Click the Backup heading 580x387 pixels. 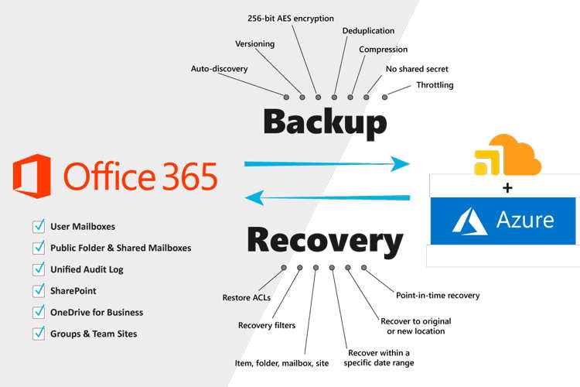point(324,123)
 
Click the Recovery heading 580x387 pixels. point(324,241)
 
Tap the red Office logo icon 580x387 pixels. point(32,174)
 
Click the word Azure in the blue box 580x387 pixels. point(526,220)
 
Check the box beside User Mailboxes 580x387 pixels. point(39,226)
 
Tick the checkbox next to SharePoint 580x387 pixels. point(39,290)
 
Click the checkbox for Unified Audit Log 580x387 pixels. point(39,269)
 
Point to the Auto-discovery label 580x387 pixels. point(219,69)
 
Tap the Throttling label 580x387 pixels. point(435,84)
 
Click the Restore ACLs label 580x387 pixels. point(244,297)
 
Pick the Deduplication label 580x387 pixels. point(368,31)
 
